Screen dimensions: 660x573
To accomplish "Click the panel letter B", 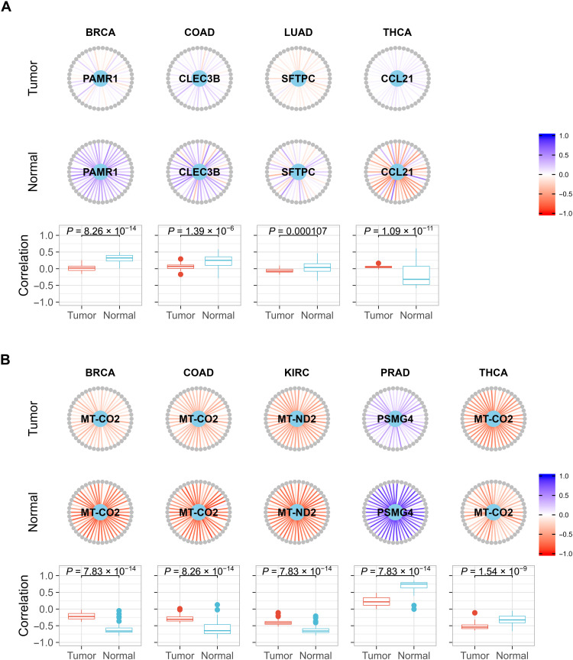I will point(8,345).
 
